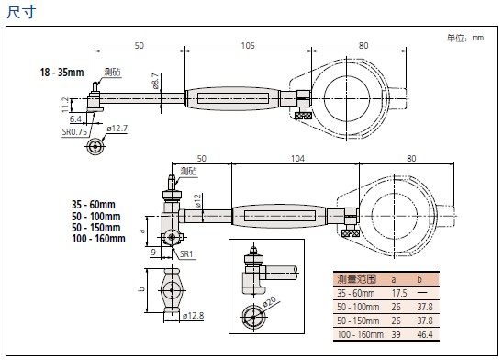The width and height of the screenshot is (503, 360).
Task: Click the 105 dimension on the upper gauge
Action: click(248, 46)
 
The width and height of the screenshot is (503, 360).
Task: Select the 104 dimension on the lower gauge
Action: click(297, 159)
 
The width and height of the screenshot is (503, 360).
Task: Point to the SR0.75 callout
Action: click(74, 132)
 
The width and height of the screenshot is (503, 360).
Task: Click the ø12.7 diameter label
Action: click(117, 129)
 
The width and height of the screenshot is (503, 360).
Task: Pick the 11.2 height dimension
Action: click(65, 105)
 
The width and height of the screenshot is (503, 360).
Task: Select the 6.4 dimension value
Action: click(75, 119)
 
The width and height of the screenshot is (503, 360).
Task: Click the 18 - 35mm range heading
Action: click(61, 73)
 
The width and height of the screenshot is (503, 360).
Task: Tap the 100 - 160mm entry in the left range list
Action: click(98, 239)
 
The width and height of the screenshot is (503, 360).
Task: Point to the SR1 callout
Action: click(186, 254)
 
